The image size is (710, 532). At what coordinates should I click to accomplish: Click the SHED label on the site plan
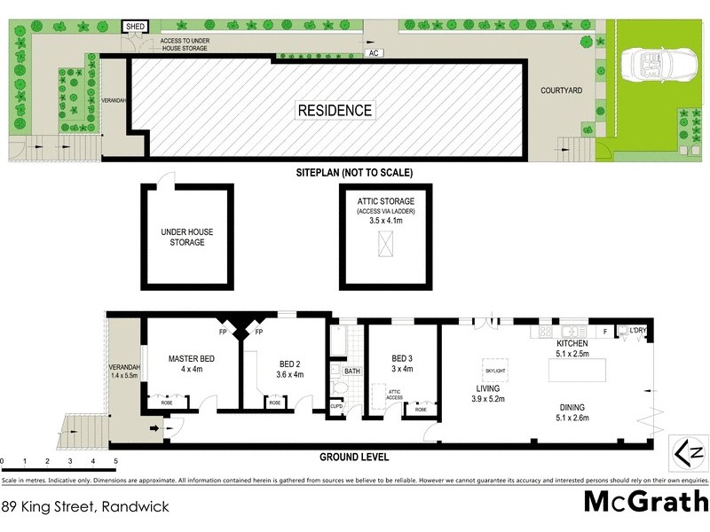point(136,27)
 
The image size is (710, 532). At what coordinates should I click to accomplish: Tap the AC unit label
point(376,53)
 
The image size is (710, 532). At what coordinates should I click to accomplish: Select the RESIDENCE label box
point(335,111)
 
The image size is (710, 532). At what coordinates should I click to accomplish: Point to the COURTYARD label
point(563,90)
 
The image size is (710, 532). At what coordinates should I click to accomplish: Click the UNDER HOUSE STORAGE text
point(186,237)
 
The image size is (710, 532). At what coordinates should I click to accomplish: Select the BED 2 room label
point(291,369)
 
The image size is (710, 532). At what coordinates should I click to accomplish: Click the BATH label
point(351,372)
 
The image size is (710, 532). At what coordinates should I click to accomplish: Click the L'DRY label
point(638,331)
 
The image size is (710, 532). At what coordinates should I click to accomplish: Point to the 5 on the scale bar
point(115,462)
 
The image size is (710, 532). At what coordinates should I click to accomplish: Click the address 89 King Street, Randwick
point(84,507)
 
